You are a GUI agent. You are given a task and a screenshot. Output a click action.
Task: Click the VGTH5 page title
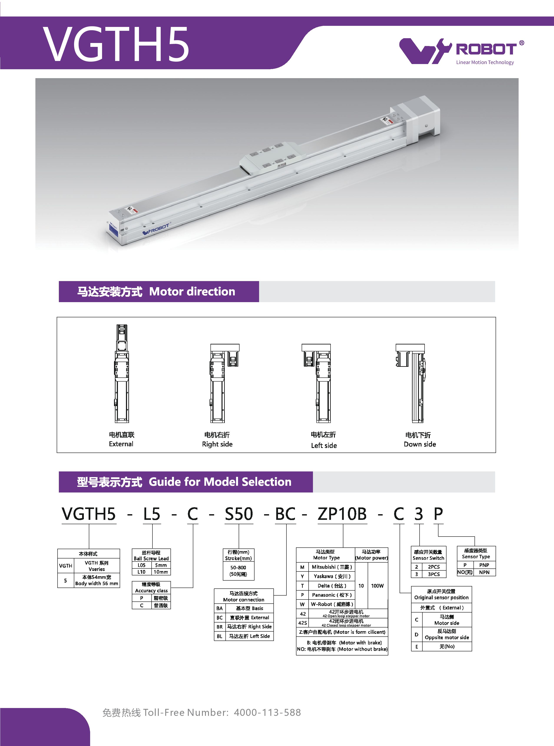tap(116, 44)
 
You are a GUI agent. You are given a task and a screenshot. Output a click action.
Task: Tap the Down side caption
tap(420, 444)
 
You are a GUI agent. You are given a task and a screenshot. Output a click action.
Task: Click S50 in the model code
tap(239, 514)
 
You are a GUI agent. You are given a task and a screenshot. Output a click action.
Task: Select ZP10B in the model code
tap(342, 514)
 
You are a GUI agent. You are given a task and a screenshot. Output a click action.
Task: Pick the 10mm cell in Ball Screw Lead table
tap(161, 572)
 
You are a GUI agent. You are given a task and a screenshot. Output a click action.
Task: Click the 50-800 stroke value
tap(238, 567)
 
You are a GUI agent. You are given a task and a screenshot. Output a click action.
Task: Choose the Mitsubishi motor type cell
tap(332, 567)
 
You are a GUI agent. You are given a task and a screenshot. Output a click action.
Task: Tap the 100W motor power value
tap(377, 585)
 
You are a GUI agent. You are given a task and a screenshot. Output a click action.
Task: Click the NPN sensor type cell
tap(484, 572)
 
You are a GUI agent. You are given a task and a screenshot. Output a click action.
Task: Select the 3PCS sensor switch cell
tap(434, 574)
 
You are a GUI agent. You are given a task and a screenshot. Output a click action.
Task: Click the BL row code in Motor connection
tap(220, 636)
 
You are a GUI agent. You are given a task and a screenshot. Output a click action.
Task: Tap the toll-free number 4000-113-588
tap(267, 713)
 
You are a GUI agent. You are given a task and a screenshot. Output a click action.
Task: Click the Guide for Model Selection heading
tap(220, 482)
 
